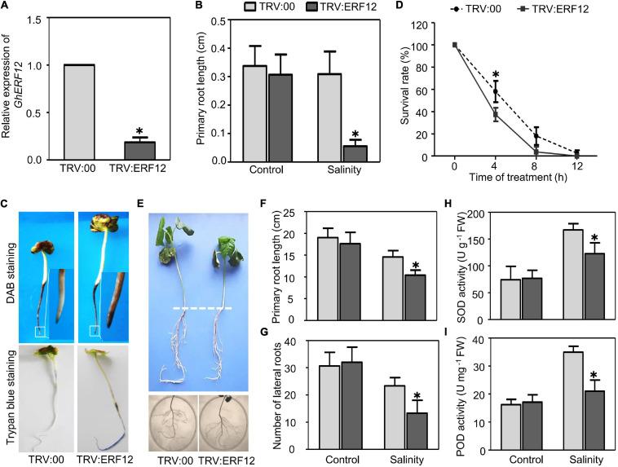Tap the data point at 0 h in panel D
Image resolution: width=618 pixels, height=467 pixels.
(455, 45)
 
